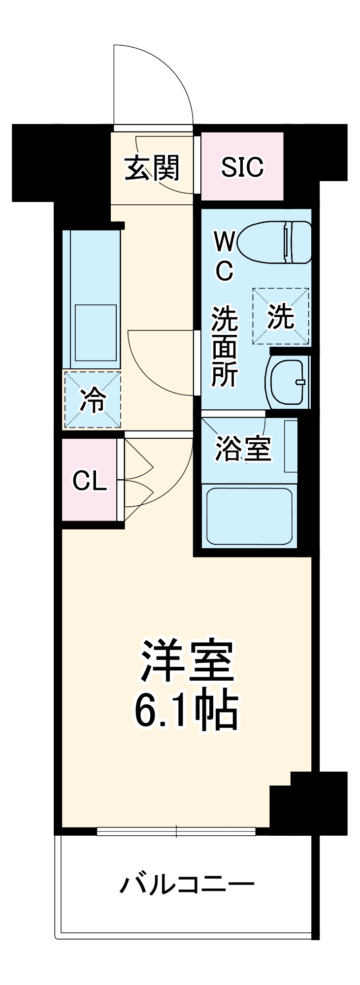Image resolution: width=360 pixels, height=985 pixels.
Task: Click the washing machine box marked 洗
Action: click(281, 316)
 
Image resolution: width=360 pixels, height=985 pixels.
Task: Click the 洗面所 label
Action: click(225, 346)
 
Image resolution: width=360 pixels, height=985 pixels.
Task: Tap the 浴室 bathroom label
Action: click(243, 448)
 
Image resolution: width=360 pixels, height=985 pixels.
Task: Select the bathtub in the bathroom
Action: click(249, 515)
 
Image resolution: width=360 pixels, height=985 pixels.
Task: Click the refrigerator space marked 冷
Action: click(93, 399)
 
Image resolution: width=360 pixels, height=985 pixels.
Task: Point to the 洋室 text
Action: click(187, 661)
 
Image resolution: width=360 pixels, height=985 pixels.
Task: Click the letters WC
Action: click(224, 256)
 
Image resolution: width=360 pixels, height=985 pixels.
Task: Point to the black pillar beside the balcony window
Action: click(308, 803)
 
